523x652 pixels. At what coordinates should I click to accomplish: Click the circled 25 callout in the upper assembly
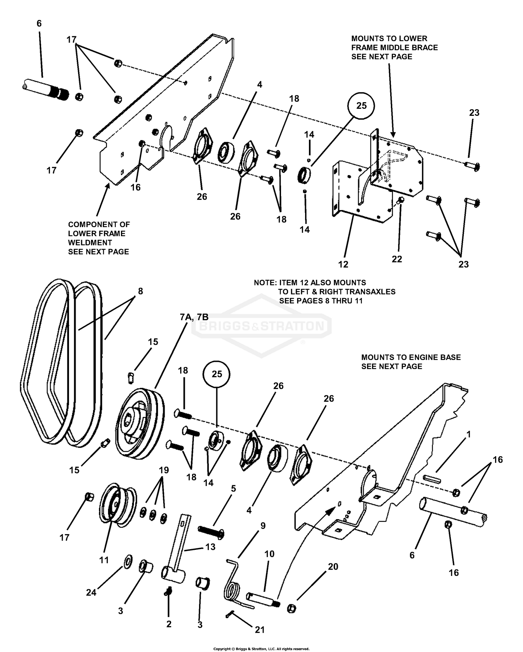pyautogui.click(x=361, y=106)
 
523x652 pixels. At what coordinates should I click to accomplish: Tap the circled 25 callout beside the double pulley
pyautogui.click(x=217, y=374)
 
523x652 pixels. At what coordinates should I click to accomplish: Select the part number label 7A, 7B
pyautogui.click(x=194, y=317)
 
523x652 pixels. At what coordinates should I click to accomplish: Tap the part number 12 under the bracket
pyautogui.click(x=343, y=264)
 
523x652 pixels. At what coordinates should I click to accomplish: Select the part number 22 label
pyautogui.click(x=397, y=259)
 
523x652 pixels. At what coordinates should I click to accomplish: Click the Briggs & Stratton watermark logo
pyautogui.click(x=261, y=326)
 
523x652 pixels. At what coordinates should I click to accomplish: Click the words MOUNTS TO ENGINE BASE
pyautogui.click(x=411, y=357)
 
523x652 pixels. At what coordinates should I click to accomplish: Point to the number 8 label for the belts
pyautogui.click(x=140, y=291)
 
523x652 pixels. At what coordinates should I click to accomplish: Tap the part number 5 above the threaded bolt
pyautogui.click(x=233, y=489)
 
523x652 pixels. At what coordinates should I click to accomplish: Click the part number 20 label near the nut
pyautogui.click(x=333, y=567)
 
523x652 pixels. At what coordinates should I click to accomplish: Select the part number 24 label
pyautogui.click(x=91, y=592)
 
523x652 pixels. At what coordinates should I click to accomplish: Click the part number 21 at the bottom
pyautogui.click(x=260, y=630)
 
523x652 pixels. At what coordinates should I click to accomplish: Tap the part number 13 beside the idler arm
pyautogui.click(x=210, y=547)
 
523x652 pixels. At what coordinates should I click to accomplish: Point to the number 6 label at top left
pyautogui.click(x=39, y=23)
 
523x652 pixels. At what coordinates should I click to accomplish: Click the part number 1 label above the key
pyautogui.click(x=469, y=434)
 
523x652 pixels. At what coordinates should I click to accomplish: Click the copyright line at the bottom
pyautogui.click(x=261, y=649)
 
